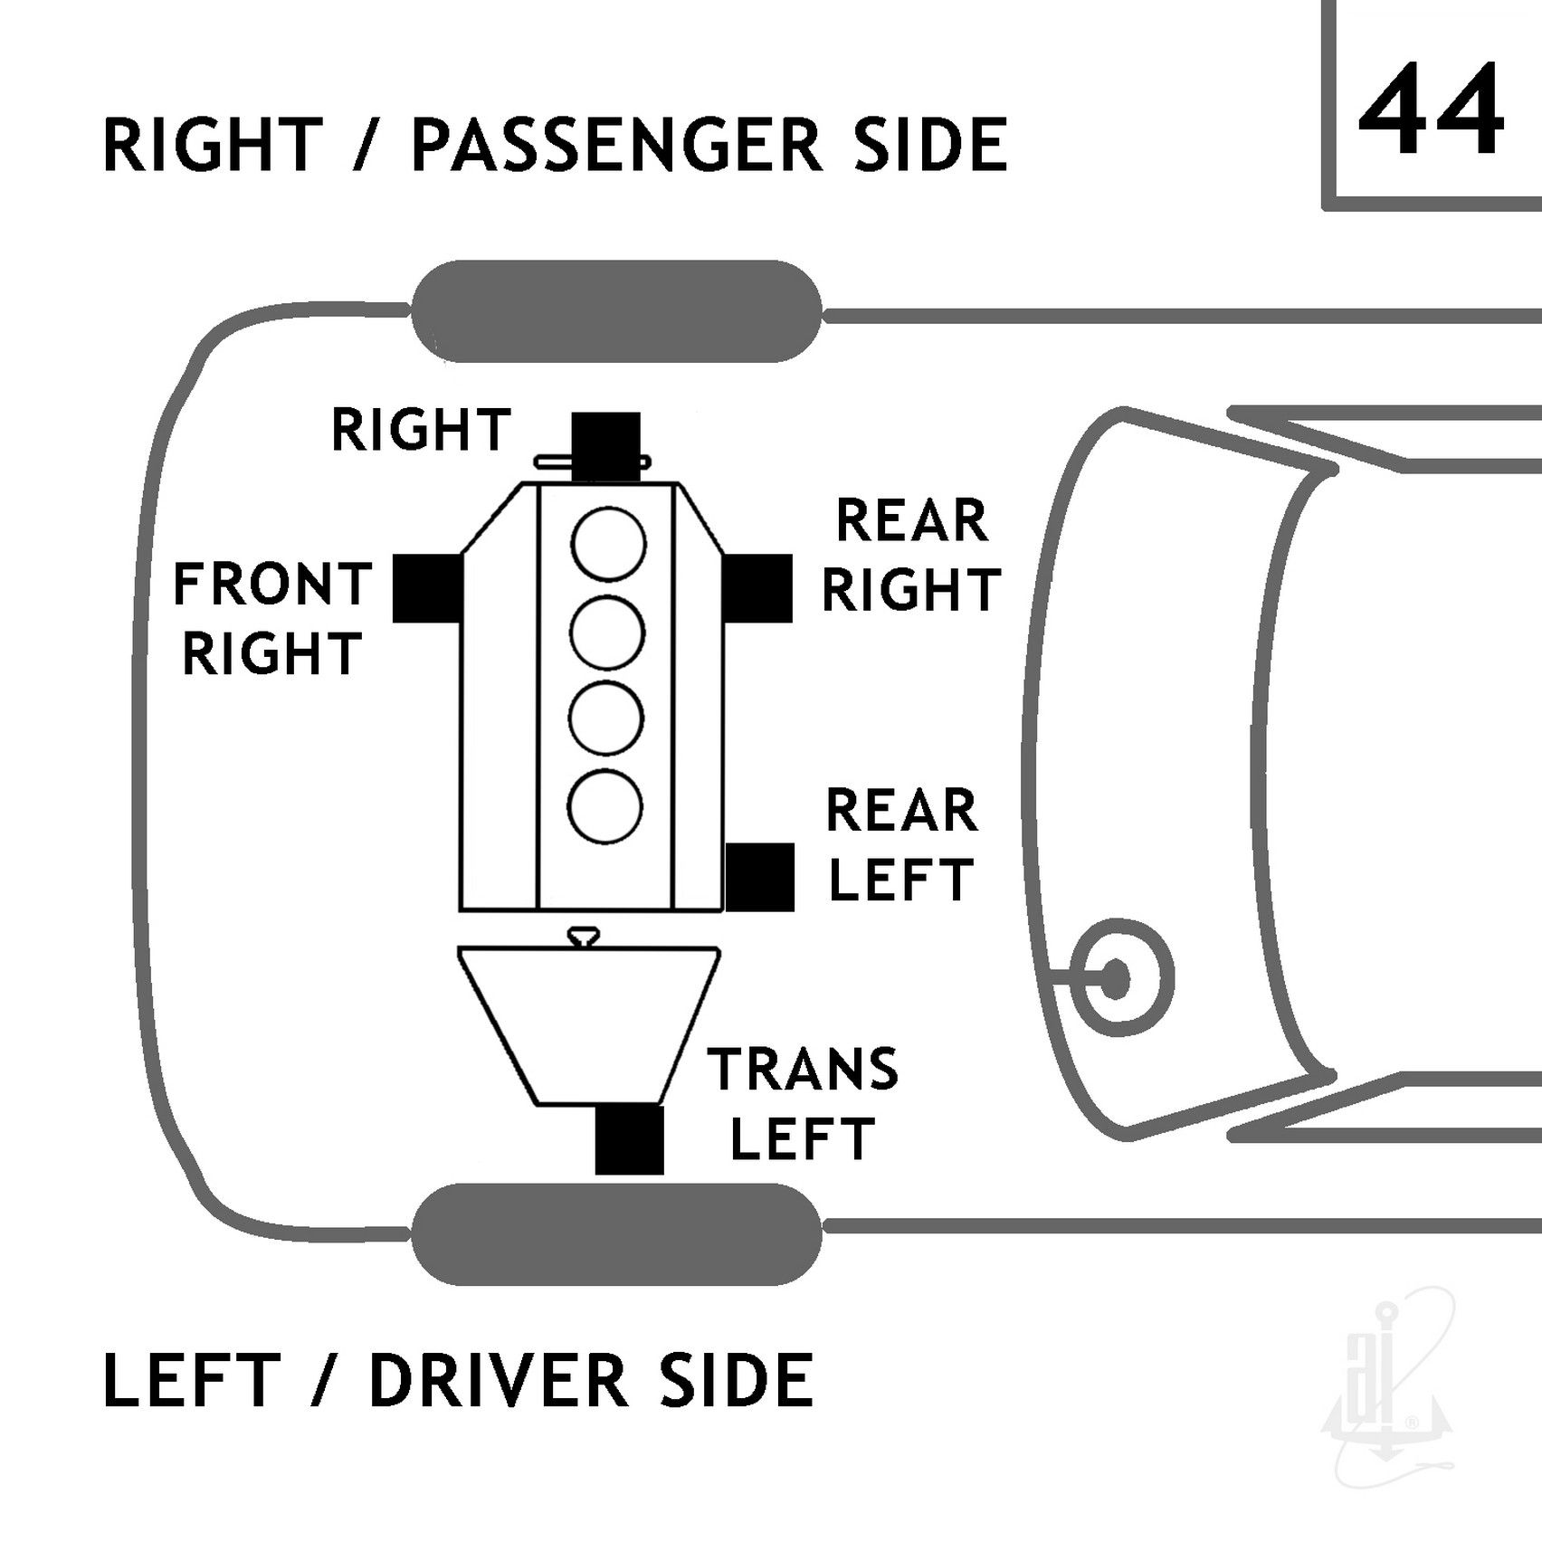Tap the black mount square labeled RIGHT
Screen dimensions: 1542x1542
click(606, 447)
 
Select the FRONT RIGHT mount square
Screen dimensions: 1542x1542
click(427, 588)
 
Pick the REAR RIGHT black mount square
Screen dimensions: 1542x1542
click(757, 588)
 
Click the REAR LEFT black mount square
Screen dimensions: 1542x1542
click(760, 877)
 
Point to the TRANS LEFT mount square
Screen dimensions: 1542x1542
click(630, 1140)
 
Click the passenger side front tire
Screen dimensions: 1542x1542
click(617, 311)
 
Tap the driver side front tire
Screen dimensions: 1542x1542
click(617, 1233)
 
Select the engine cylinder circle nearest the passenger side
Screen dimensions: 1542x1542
click(608, 546)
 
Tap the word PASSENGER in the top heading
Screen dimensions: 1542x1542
click(616, 144)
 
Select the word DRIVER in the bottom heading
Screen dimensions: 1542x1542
click(499, 1380)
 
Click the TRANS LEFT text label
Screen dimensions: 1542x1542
click(804, 1103)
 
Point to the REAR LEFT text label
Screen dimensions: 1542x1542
click(902, 844)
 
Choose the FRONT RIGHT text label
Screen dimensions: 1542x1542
click(272, 619)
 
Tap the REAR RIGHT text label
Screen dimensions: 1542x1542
click(910, 555)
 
